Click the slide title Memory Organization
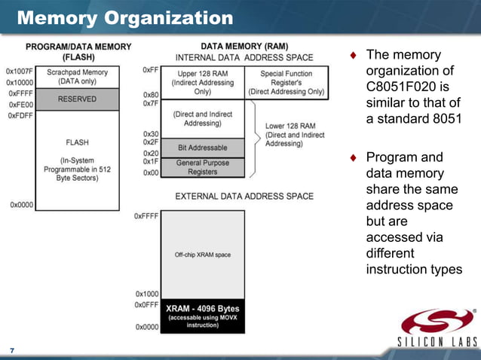click(124, 17)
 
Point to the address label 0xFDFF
click(20, 116)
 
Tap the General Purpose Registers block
click(202, 166)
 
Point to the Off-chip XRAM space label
click(202, 255)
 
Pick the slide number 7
click(11, 351)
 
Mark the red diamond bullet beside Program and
click(353, 158)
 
